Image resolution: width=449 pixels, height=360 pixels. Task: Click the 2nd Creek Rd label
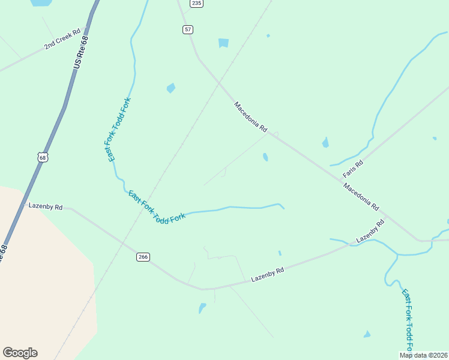(x=62, y=40)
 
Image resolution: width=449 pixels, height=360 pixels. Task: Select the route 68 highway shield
(x=41, y=158)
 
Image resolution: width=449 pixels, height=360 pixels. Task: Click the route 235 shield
(x=196, y=4)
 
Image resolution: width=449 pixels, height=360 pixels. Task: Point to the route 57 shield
(x=188, y=29)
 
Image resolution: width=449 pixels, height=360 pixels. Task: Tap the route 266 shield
(x=143, y=257)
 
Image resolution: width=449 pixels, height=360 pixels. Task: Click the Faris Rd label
(x=353, y=169)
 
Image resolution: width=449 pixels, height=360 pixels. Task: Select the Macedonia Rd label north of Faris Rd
(x=250, y=116)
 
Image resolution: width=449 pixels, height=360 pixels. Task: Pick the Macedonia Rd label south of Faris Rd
(x=361, y=197)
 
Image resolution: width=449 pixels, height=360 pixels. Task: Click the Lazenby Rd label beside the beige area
(x=46, y=206)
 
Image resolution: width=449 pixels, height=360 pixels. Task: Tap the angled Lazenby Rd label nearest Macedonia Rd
(x=370, y=231)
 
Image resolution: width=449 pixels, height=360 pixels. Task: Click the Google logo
(x=20, y=353)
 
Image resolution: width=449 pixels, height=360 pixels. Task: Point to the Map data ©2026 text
(x=424, y=355)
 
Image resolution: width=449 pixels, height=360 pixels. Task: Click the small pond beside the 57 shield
(x=224, y=43)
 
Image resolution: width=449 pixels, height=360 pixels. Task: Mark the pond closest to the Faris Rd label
(x=325, y=143)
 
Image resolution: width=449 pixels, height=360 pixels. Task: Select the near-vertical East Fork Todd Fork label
(x=119, y=129)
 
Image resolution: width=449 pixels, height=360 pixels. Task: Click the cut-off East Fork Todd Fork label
(x=408, y=322)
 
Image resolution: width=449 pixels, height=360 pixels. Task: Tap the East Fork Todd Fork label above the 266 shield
(x=156, y=207)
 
